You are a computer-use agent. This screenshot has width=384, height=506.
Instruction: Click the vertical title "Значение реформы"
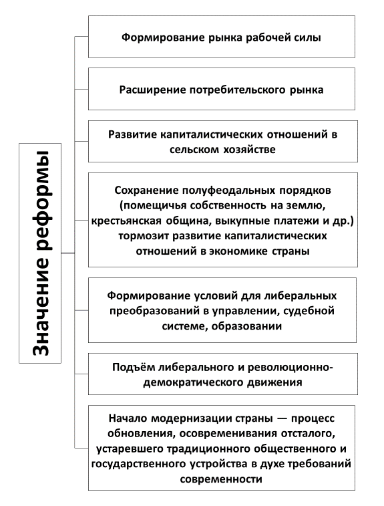click(x=41, y=253)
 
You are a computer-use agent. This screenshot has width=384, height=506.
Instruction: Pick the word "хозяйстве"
click(x=250, y=150)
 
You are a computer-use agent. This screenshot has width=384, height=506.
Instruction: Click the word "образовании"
click(x=246, y=326)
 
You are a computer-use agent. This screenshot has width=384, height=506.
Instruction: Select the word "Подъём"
click(x=131, y=367)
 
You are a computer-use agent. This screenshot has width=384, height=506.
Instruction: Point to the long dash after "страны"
click(x=281, y=418)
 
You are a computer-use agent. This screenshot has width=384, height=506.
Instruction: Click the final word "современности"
click(x=221, y=479)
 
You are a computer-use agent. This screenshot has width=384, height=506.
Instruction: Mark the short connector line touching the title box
click(x=67, y=253)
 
